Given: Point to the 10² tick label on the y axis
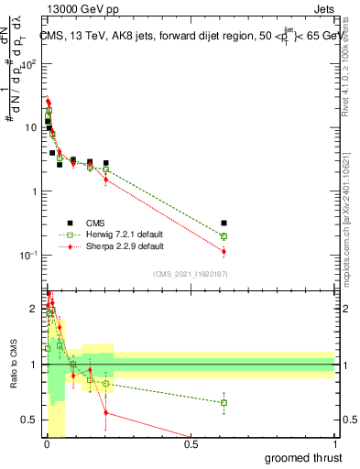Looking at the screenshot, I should [30, 64].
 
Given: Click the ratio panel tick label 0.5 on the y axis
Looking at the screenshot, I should [29, 420].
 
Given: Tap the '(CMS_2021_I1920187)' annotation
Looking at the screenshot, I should [191, 274].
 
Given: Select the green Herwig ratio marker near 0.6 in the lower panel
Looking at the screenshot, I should [224, 402].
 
